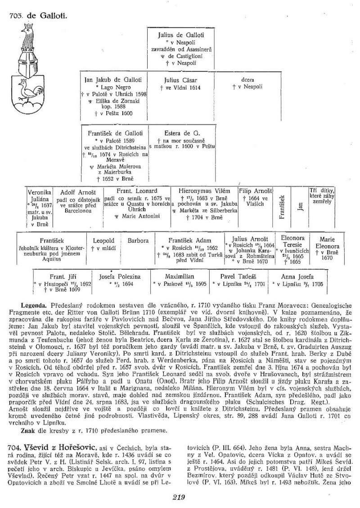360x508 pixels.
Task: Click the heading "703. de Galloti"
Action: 38,17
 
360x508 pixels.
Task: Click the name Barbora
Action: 138,241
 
